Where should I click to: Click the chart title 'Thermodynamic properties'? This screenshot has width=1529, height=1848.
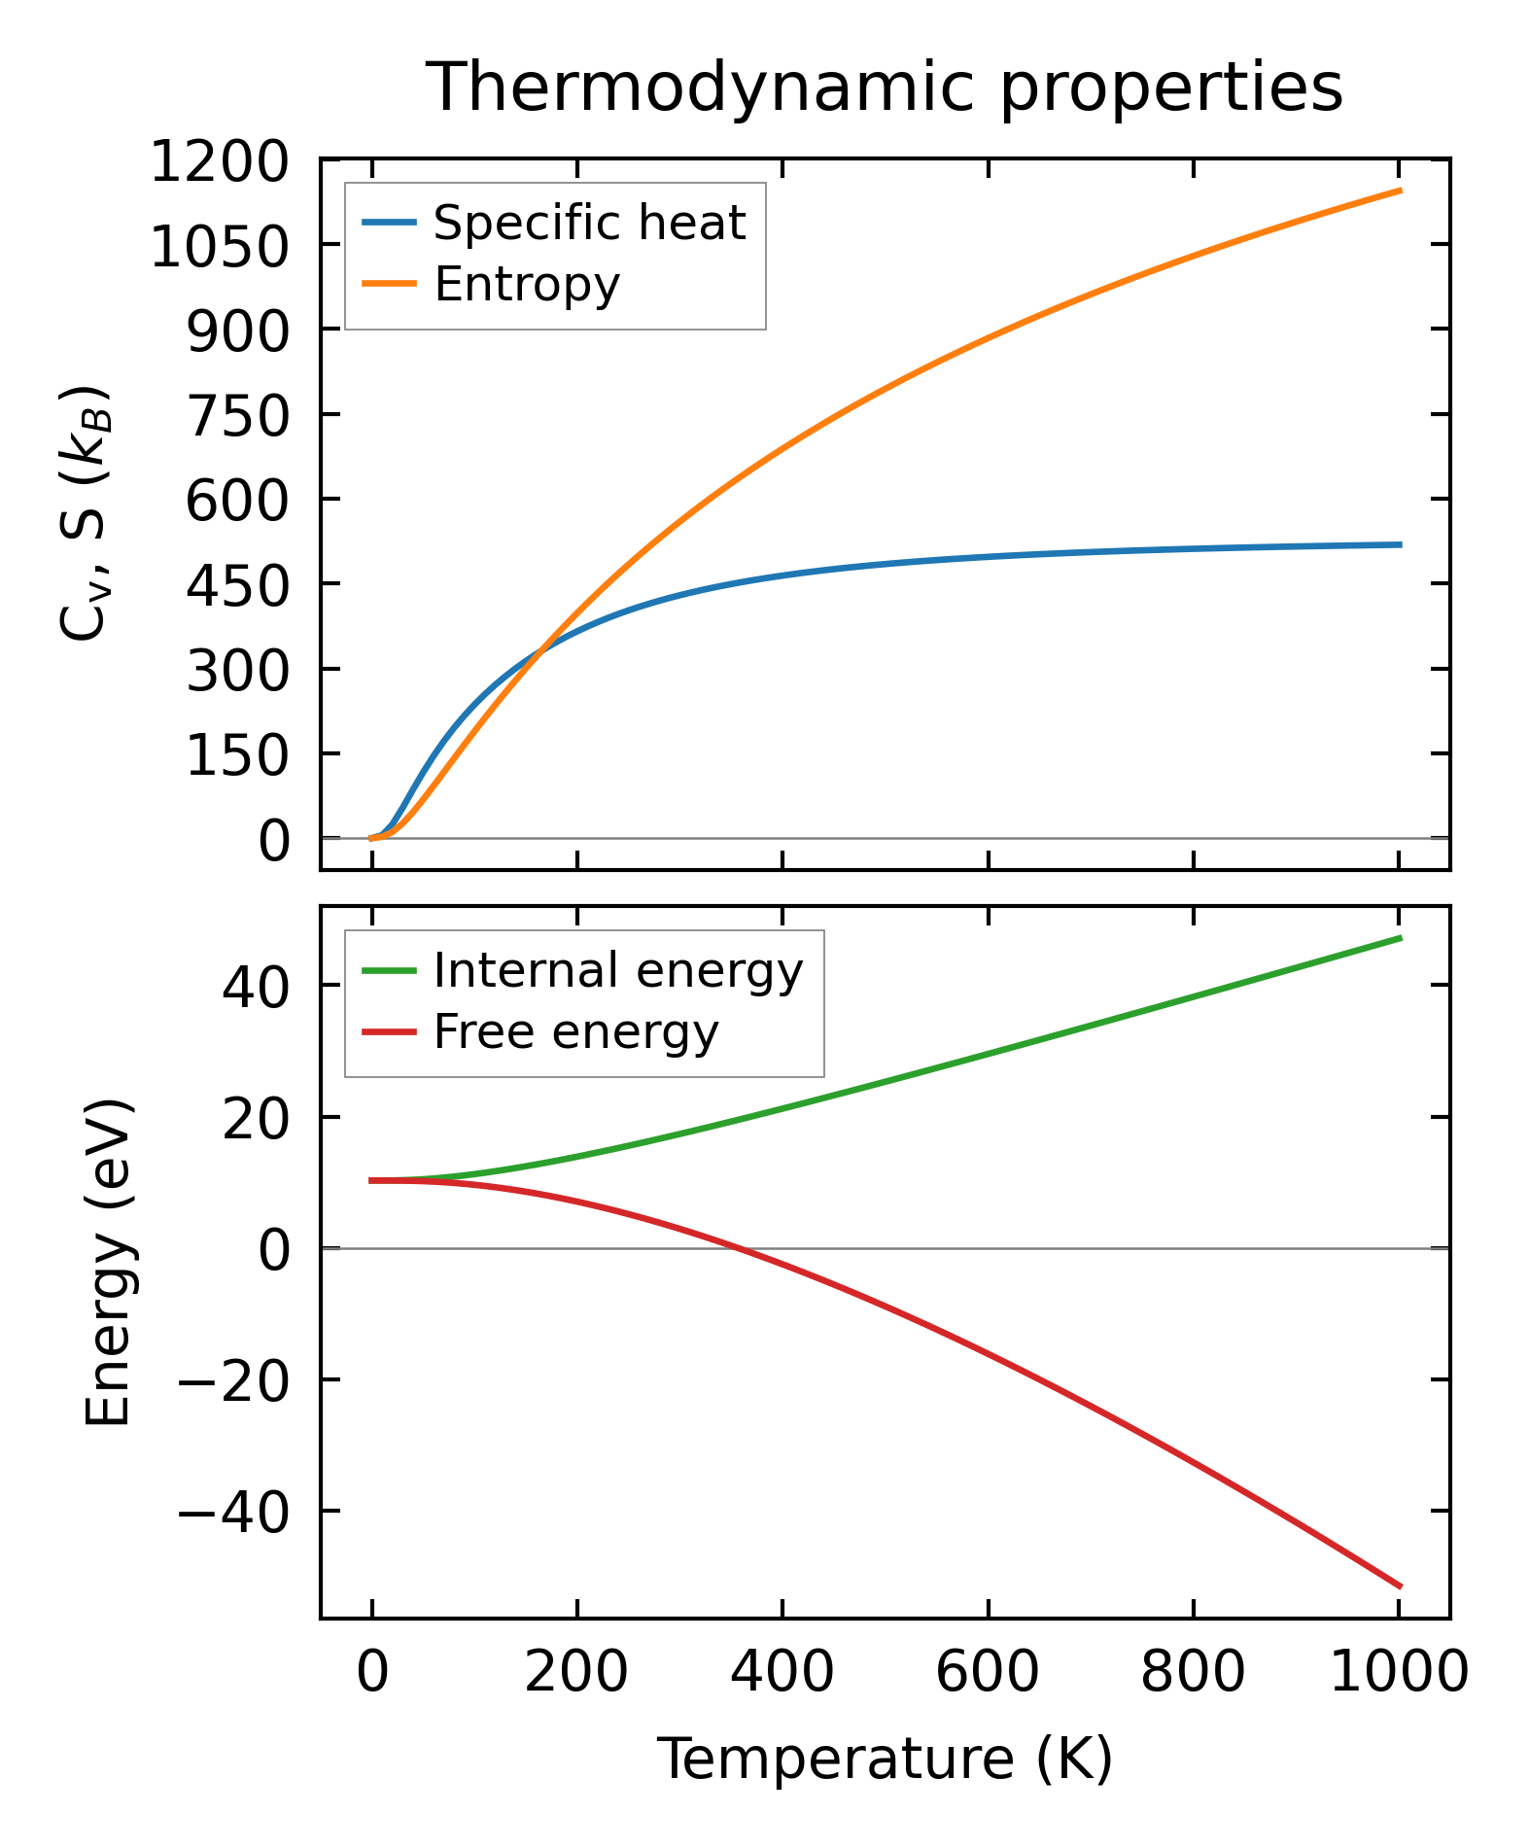coord(885,87)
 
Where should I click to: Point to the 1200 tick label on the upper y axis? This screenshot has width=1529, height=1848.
coord(219,161)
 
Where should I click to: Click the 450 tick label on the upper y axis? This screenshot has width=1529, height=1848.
coord(237,585)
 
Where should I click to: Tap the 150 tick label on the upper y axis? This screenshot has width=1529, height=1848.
coord(237,755)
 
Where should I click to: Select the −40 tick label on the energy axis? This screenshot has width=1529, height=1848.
coord(233,1513)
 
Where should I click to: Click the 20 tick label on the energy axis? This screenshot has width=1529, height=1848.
coord(255,1119)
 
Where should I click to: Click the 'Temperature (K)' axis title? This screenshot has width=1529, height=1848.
coord(885,1760)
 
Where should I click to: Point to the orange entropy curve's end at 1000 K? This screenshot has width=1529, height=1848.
coord(1400,191)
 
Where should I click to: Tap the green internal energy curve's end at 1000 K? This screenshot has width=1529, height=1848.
coord(1400,937)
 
